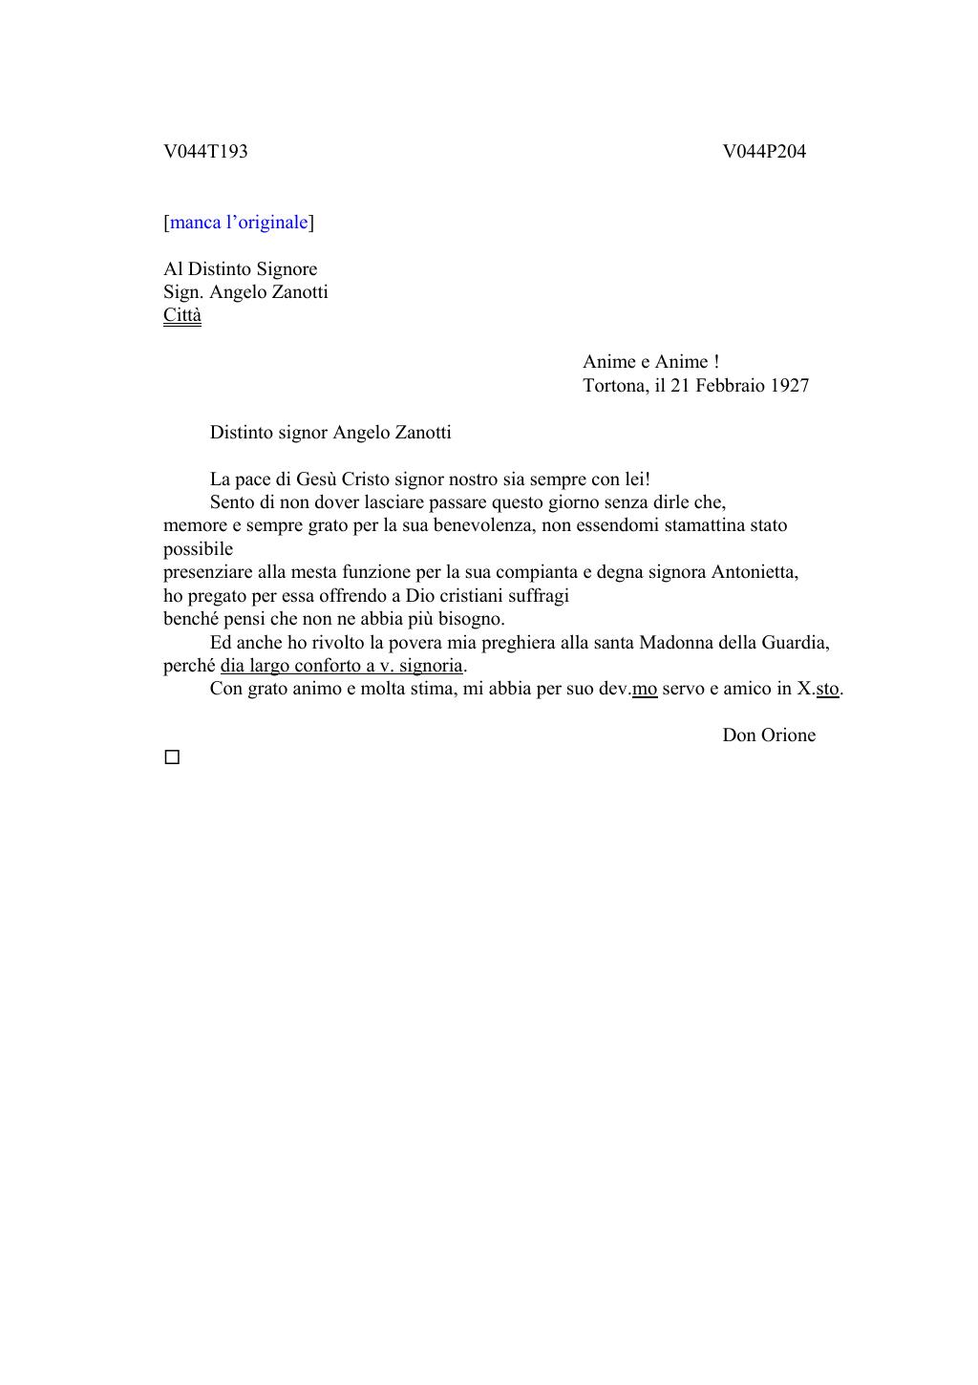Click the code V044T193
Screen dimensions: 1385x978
pos(205,151)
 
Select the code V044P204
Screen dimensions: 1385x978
pos(764,151)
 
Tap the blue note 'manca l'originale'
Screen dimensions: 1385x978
pos(239,223)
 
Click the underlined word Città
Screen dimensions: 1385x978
pos(182,315)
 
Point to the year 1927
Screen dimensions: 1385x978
pos(790,386)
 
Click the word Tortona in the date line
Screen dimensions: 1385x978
pos(615,386)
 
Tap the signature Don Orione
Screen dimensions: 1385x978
pos(769,735)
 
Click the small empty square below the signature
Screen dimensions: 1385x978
pos(172,757)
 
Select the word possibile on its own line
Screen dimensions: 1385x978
pos(198,549)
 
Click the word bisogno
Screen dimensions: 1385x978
pos(471,619)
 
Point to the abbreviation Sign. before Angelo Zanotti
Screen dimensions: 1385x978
pos(183,292)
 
